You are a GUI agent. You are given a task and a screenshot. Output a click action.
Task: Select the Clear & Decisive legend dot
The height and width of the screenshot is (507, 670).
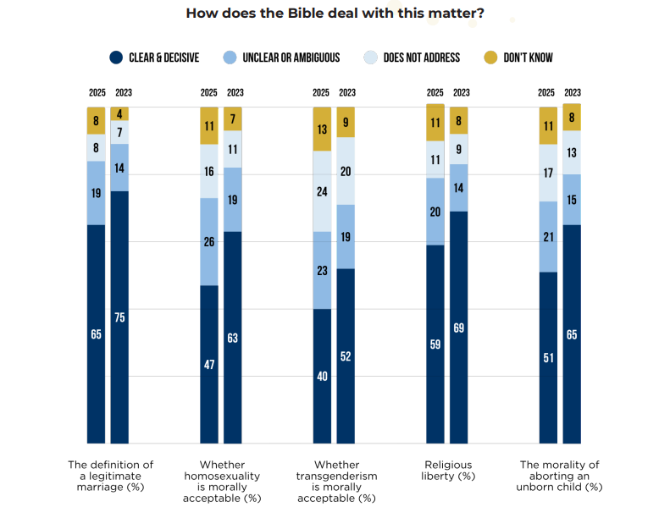[x=117, y=58]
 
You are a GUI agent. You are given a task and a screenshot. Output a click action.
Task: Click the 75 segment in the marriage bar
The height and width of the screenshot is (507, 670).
[x=120, y=317]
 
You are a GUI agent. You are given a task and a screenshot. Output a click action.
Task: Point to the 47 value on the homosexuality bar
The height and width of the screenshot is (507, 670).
[x=209, y=364]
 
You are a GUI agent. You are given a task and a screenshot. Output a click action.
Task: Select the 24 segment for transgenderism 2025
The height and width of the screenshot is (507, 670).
[x=322, y=191]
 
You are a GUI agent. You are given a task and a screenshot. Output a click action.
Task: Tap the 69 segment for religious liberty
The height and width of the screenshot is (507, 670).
[x=458, y=327]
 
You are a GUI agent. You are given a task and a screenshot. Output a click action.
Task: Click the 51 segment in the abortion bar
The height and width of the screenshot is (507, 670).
[x=548, y=357]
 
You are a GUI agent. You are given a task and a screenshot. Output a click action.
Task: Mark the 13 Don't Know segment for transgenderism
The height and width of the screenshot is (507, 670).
[x=322, y=129]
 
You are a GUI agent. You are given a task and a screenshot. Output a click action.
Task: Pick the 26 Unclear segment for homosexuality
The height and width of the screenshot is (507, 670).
[x=209, y=241]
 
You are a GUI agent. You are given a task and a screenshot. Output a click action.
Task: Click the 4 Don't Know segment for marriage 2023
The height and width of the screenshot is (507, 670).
[x=120, y=113]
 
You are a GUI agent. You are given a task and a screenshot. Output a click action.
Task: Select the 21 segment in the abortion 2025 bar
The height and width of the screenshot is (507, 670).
[x=548, y=236]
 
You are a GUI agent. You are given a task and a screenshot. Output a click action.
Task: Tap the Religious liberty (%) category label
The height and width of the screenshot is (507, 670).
[x=447, y=470]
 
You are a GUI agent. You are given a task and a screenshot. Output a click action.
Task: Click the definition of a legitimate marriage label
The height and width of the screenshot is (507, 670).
[x=110, y=475]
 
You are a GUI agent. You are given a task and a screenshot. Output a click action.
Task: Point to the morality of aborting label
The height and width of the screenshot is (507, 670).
[x=560, y=475]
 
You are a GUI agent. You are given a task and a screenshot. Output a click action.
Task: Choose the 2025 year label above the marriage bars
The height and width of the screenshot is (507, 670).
[x=97, y=92]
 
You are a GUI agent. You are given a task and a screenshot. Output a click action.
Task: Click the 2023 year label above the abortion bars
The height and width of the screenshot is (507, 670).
[x=573, y=92]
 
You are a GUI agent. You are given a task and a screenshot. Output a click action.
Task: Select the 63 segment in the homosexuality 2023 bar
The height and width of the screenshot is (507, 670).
[x=233, y=337]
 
